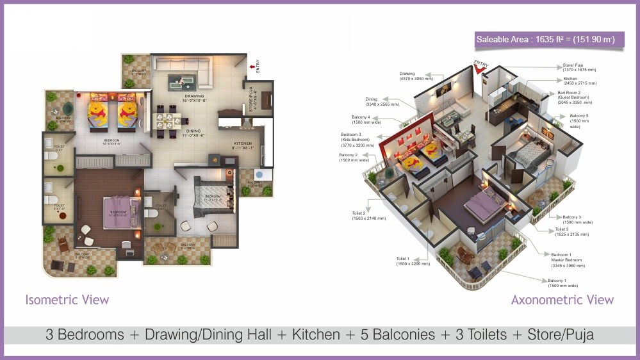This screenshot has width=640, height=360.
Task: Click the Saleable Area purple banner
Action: click(x=545, y=40)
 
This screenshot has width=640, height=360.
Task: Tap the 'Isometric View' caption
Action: click(x=67, y=300)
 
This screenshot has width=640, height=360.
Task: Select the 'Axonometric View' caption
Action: click(x=562, y=300)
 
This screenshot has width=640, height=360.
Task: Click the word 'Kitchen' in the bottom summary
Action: click(x=316, y=334)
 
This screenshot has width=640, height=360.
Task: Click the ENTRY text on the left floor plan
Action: click(x=258, y=65)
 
